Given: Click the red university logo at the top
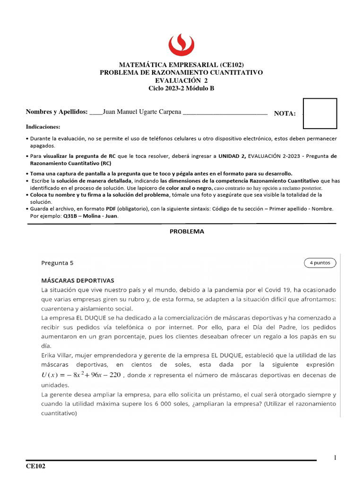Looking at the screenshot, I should pyautogui.click(x=181, y=44).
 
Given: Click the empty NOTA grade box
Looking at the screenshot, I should pyautogui.click(x=320, y=113).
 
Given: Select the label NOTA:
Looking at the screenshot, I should pyautogui.click(x=285, y=113).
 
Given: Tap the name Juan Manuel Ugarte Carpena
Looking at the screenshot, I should pyautogui.click(x=141, y=112).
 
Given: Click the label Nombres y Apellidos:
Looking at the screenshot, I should pyautogui.click(x=57, y=112).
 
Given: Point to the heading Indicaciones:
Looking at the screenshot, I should pyautogui.click(x=43, y=127).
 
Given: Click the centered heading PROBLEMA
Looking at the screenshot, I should pyautogui.click(x=187, y=232).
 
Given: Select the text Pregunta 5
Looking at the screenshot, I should pyautogui.click(x=57, y=263).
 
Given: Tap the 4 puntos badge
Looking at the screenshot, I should pyautogui.click(x=320, y=263).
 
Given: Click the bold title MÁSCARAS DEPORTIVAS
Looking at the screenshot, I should pyautogui.click(x=78, y=280).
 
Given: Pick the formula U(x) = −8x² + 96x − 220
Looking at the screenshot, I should pyautogui.click(x=81, y=376).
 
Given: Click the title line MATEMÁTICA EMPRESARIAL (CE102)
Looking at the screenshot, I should pyautogui.click(x=181, y=65).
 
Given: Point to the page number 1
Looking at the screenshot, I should pyautogui.click(x=335, y=458).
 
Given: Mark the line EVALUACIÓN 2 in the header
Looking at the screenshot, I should pyautogui.click(x=181, y=80).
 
